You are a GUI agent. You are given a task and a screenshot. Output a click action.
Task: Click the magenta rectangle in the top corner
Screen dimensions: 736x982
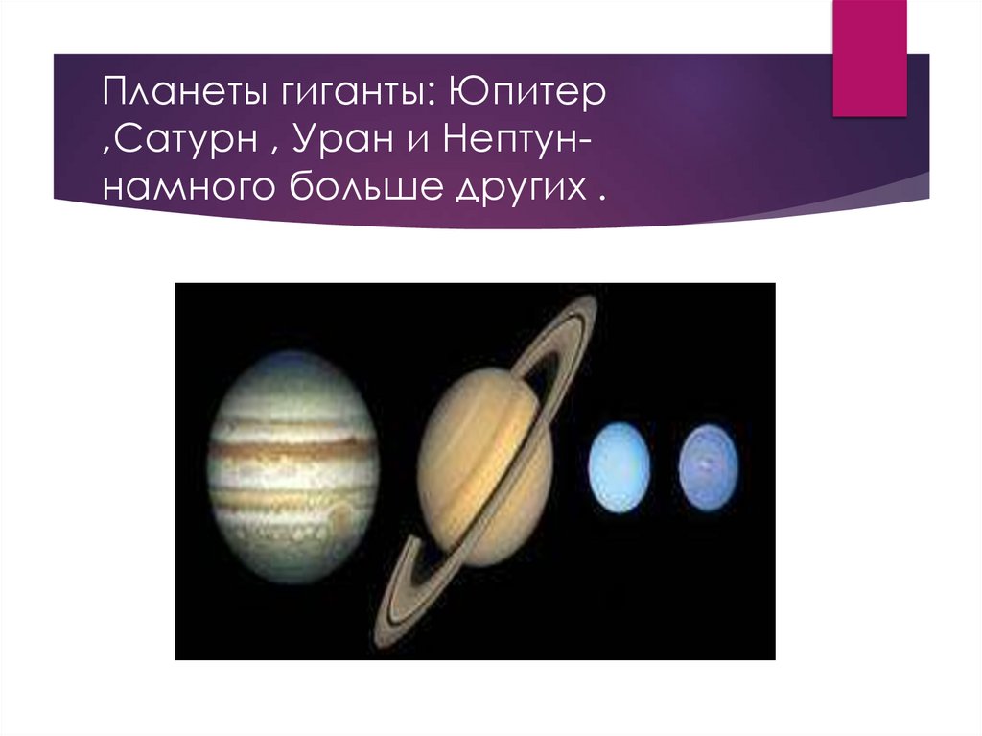click(869, 58)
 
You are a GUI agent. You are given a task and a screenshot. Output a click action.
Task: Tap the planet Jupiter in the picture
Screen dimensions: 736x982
click(292, 465)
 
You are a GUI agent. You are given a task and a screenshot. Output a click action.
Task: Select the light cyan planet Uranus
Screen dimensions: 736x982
click(619, 467)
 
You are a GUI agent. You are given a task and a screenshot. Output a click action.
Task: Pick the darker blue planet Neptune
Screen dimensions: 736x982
click(709, 466)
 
